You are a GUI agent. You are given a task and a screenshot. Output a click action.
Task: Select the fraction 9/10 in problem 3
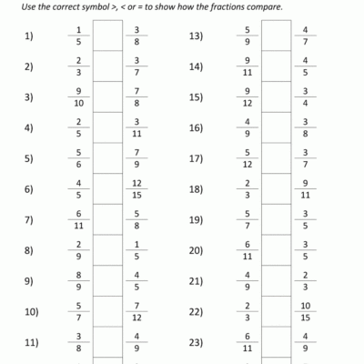point(79,97)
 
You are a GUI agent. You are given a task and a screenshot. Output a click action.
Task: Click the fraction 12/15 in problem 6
point(136,189)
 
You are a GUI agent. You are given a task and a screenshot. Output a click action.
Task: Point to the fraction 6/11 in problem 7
point(79,220)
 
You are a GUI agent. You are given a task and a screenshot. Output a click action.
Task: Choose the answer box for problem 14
point(276,66)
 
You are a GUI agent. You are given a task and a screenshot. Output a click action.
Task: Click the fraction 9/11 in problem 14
point(248,66)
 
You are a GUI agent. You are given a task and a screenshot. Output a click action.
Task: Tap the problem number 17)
point(195,158)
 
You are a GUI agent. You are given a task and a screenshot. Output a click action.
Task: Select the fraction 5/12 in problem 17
point(248,158)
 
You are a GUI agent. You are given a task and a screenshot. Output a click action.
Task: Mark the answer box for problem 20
point(276,250)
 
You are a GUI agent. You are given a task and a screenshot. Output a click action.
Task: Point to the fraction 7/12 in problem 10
point(136,312)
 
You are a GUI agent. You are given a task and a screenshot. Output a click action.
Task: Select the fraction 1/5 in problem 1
point(79,36)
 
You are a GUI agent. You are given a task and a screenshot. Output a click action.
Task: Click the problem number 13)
point(195,36)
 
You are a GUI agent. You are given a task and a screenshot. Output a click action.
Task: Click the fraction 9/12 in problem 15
point(248,97)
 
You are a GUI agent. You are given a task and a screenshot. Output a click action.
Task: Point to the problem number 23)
point(195,342)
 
